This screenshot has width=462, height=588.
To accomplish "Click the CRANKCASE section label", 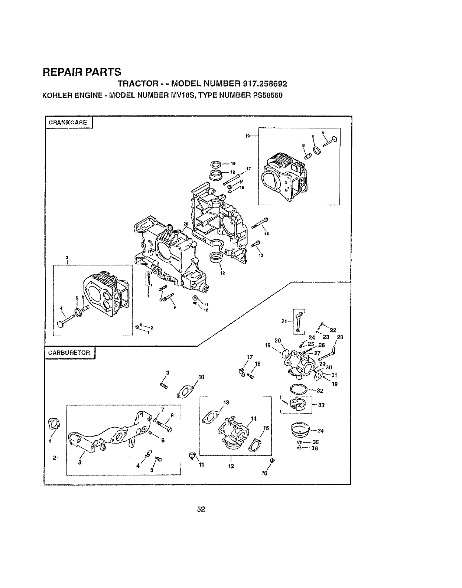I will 68,122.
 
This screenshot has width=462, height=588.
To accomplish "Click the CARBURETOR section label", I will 69,353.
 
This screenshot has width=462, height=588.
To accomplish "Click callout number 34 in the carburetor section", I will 321,431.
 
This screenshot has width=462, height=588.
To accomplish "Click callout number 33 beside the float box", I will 321,405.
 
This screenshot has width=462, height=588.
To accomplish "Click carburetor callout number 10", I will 201,377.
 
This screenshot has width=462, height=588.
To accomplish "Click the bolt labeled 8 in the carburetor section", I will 165,427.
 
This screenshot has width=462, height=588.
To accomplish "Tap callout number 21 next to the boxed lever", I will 284,321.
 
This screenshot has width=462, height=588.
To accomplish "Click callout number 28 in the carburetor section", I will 340,337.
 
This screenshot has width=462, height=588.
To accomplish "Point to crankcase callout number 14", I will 266,234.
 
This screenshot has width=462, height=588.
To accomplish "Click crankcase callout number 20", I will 186,224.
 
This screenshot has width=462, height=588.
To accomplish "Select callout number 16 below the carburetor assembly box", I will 265,473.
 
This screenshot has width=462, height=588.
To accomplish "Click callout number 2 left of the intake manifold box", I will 55,457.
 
